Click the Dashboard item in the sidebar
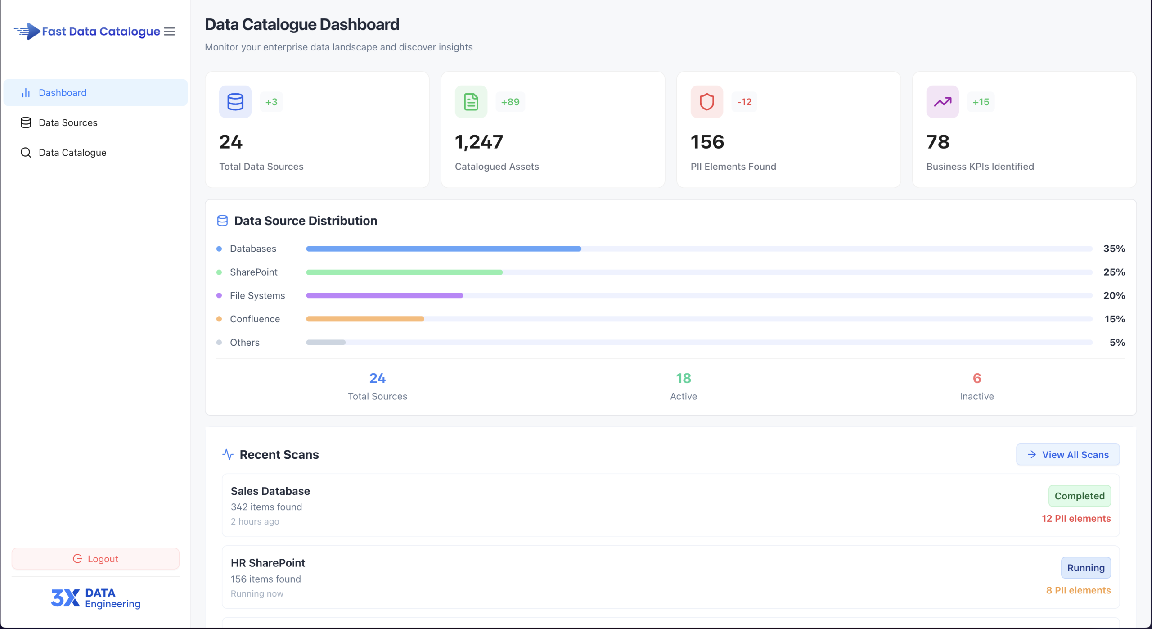[63, 93]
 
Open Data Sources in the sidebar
[67, 122]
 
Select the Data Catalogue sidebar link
[72, 153]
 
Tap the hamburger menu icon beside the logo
[169, 32]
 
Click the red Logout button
[95, 559]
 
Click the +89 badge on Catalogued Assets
[510, 102]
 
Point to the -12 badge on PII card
[744, 102]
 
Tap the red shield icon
[706, 102]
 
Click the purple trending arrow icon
[942, 102]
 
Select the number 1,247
[479, 142]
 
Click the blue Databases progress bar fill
[443, 249]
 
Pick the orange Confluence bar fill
[364, 319]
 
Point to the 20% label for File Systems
[1114, 296]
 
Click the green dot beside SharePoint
[219, 272]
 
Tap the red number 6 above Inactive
[976, 378]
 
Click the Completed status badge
[1079, 496]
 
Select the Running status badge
[1085, 568]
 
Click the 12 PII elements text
[1076, 519]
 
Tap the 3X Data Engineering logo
[95, 598]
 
